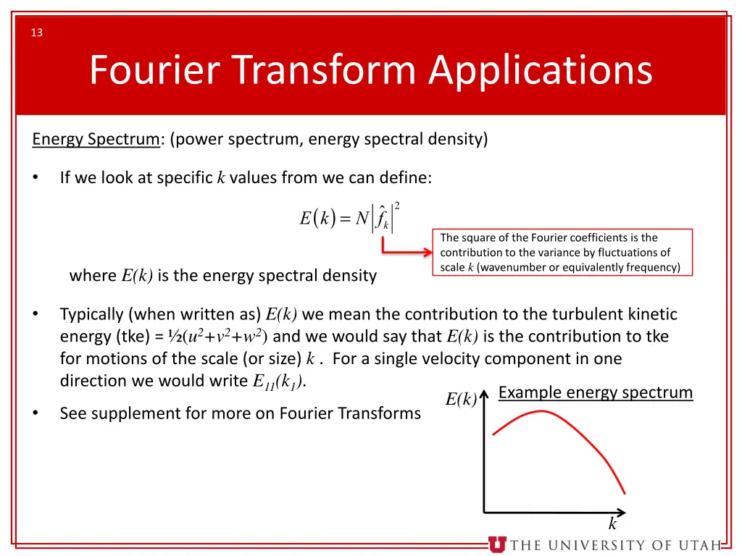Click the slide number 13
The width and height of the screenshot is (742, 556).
(x=37, y=33)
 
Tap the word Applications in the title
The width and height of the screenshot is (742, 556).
(x=540, y=71)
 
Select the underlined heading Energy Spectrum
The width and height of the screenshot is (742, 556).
(x=96, y=139)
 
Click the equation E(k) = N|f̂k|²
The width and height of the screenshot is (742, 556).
(x=349, y=217)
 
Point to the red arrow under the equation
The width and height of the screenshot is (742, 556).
(x=406, y=252)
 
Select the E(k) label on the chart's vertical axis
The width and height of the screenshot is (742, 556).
(x=460, y=400)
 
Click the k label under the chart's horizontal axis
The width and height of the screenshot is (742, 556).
(x=612, y=525)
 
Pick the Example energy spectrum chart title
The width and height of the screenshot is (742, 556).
(x=596, y=392)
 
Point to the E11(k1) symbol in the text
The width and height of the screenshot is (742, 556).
(x=279, y=382)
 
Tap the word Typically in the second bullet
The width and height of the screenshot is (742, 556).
(x=91, y=314)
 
